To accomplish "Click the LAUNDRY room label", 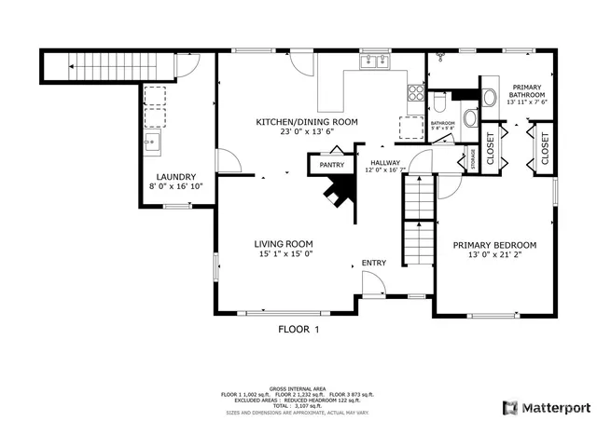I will tap(175, 176).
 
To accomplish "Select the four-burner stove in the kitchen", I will tap(414, 91).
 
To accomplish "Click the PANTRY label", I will tap(331, 165).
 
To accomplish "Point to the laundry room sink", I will tap(152, 143).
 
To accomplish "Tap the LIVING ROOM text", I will tap(283, 244).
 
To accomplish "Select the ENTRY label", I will tap(373, 263).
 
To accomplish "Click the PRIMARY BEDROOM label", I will tap(494, 246).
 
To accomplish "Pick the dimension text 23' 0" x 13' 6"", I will tap(307, 132).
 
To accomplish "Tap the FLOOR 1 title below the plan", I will tap(298, 329).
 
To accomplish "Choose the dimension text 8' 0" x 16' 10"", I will tap(175, 186).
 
